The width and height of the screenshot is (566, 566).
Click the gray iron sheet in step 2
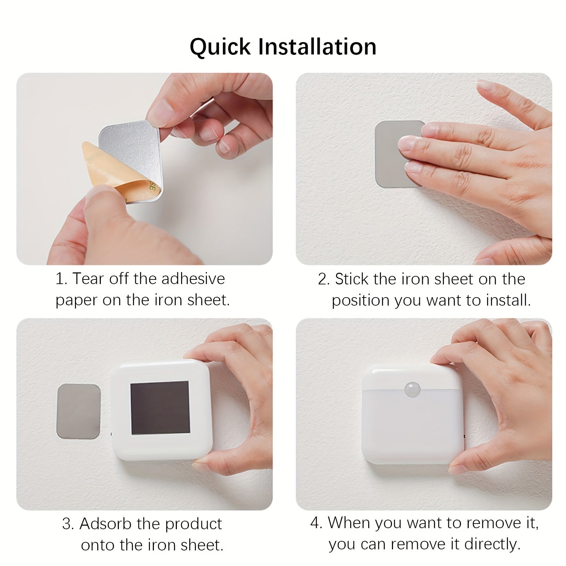[387, 156]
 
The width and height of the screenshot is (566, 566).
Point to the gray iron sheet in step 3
[79, 411]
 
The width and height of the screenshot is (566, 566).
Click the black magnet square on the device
[160, 408]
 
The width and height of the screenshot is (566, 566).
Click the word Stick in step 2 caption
[352, 279]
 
